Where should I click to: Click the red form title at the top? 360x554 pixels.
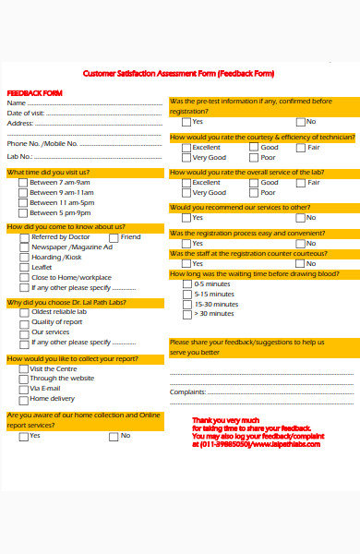(x=179, y=74)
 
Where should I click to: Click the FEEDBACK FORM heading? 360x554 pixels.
(x=34, y=93)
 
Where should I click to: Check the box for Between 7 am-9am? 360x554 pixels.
(x=23, y=183)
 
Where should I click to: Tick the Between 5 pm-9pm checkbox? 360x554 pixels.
(x=23, y=212)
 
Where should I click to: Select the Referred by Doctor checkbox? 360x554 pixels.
(x=24, y=237)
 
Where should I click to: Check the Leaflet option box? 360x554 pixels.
(x=24, y=267)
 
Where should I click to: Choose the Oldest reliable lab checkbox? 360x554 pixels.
(x=24, y=312)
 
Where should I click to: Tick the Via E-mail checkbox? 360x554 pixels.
(x=23, y=389)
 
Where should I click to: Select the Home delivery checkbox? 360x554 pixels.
(x=23, y=399)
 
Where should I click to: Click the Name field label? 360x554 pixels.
(x=18, y=103)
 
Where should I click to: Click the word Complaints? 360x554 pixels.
(x=187, y=391)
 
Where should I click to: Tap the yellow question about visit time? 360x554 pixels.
(x=48, y=172)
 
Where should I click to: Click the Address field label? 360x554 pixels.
(x=20, y=123)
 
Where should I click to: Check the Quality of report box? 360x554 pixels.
(x=24, y=322)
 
